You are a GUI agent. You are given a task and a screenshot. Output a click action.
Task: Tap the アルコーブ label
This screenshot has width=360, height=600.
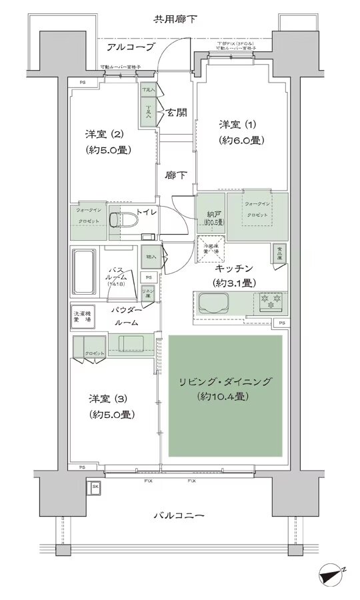131,47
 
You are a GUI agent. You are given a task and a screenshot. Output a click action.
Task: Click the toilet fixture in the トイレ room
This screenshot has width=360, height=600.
119,220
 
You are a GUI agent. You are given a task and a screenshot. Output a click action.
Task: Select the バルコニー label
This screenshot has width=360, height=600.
179,515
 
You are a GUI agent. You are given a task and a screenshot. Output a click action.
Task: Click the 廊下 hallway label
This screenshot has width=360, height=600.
176,175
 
